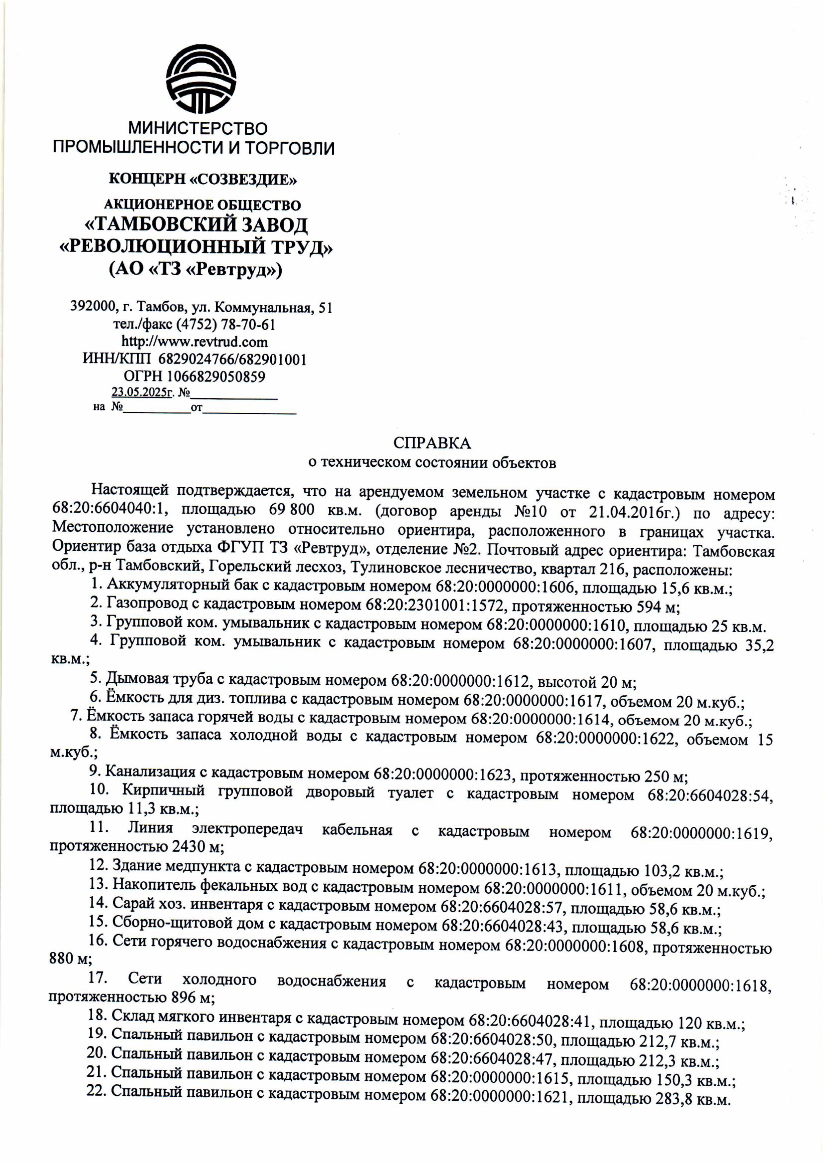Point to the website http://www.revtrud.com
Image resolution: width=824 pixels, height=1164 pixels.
195,341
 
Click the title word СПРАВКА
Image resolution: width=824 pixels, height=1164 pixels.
432,443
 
